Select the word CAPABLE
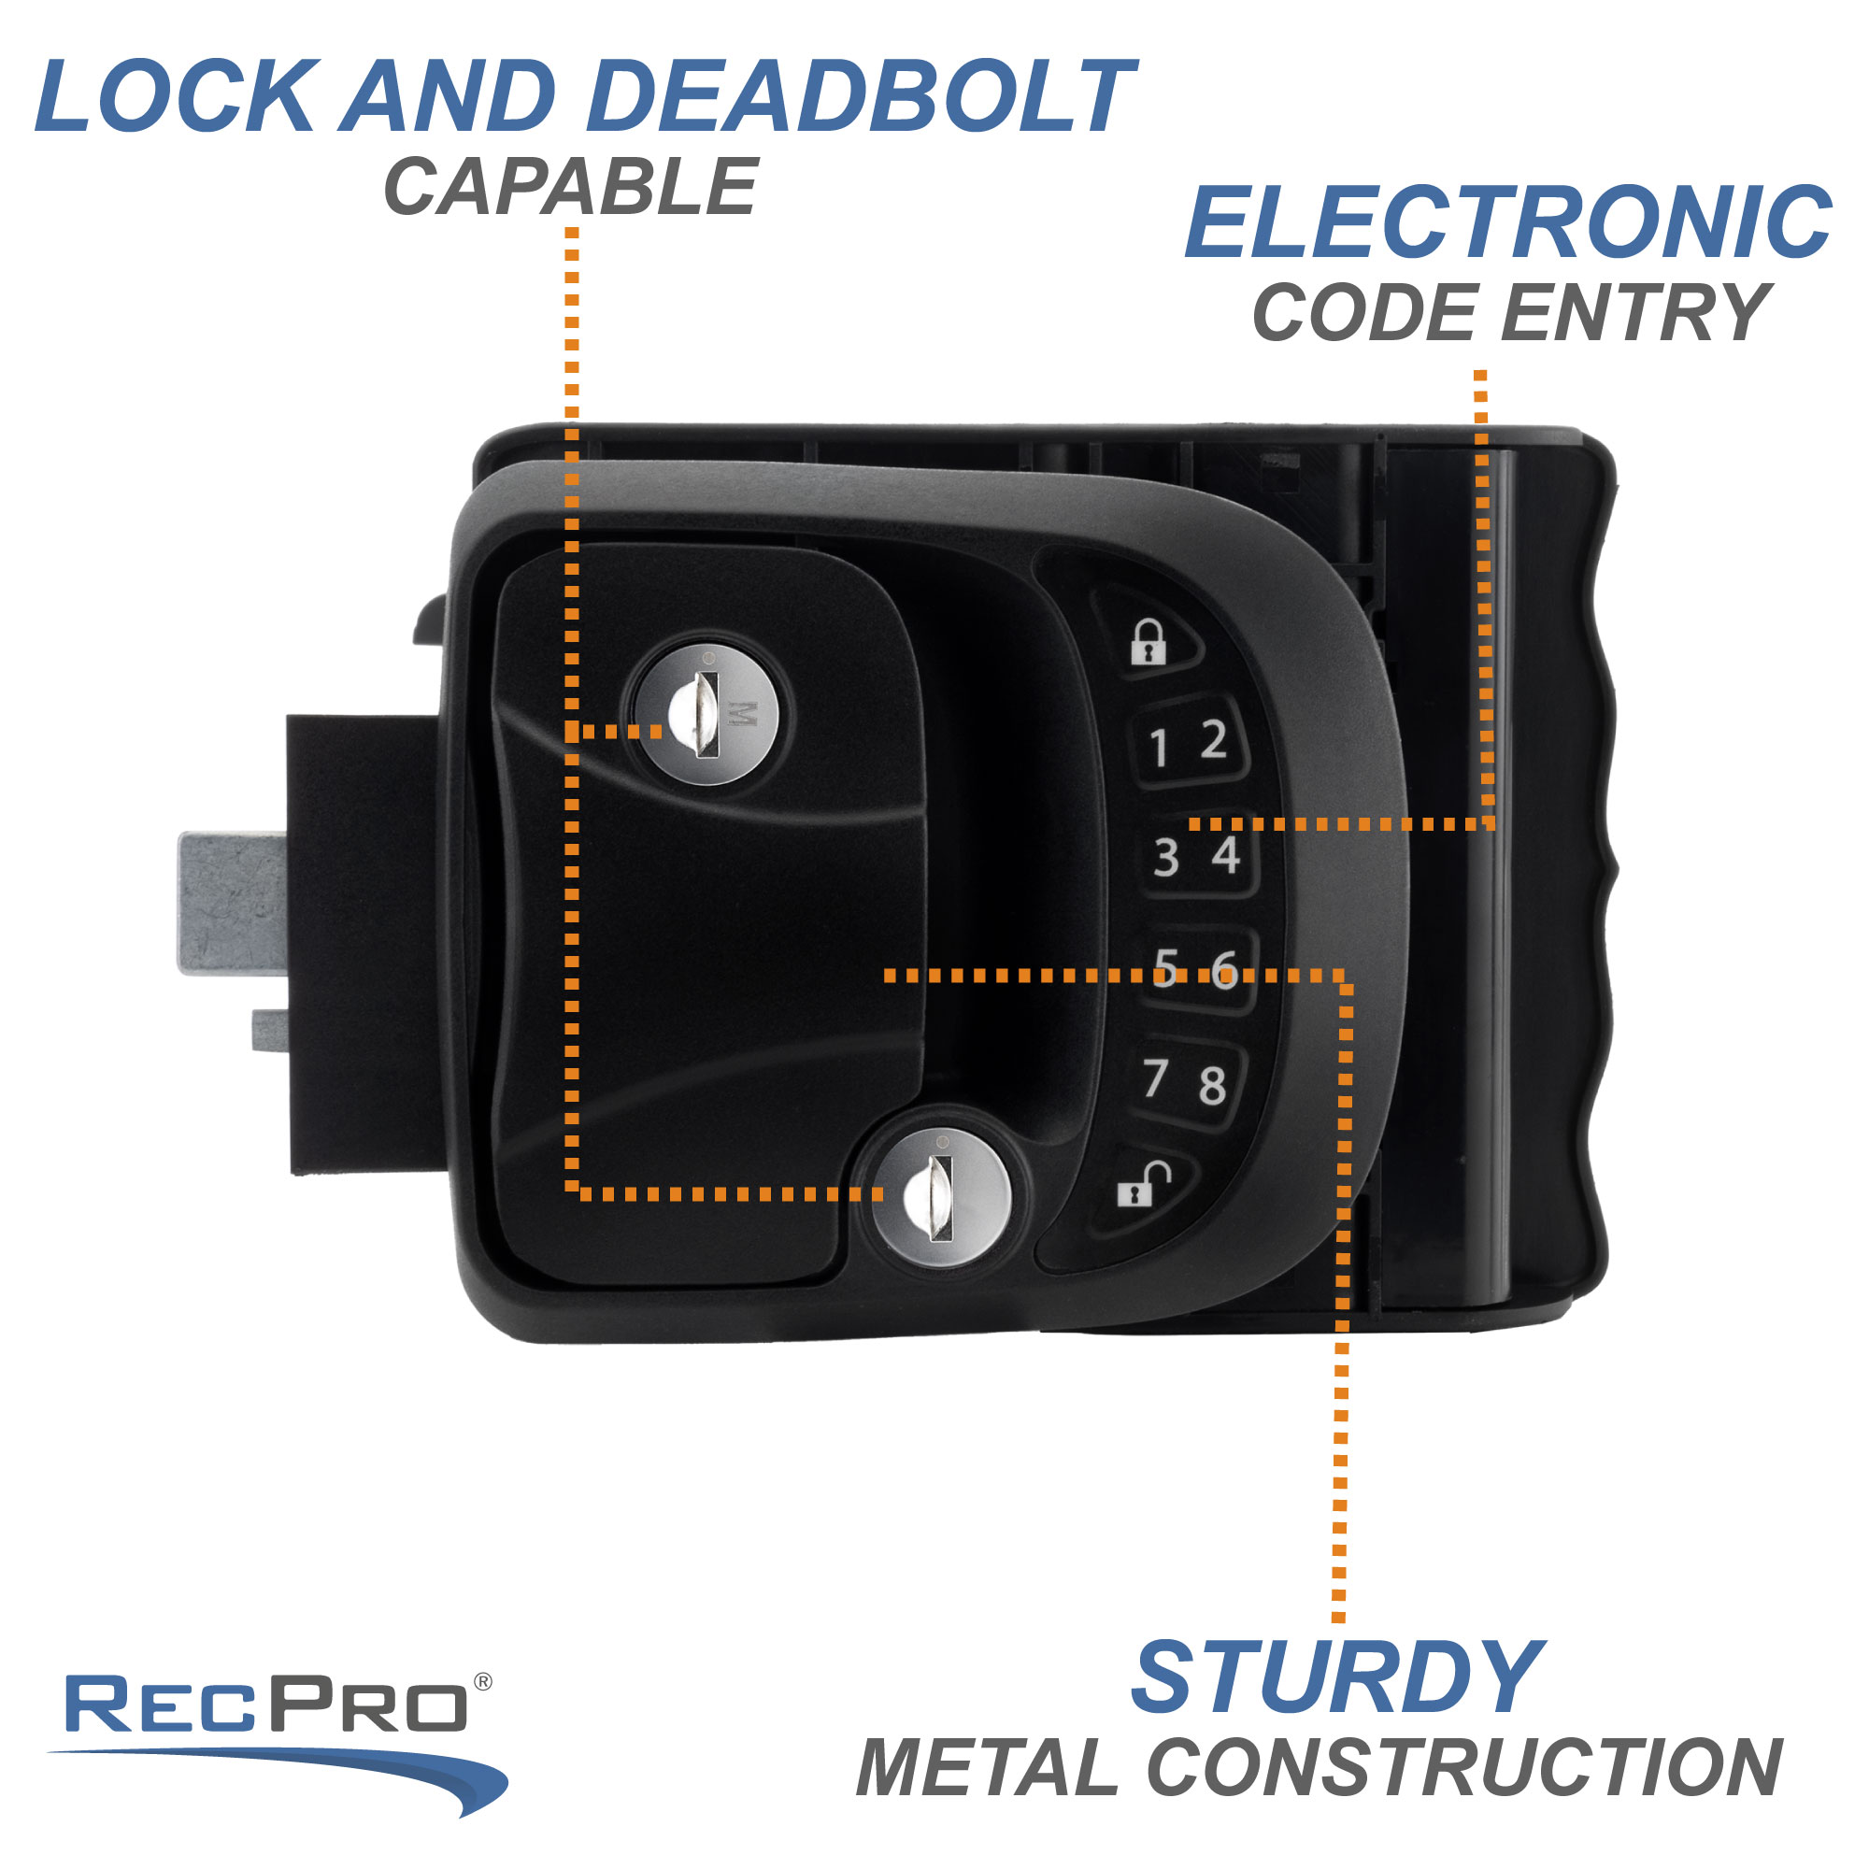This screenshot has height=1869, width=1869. click(571, 188)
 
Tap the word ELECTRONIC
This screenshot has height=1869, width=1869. click(1507, 223)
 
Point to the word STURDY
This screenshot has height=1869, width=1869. click(1336, 1677)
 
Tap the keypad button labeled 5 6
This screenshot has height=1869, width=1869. click(1196, 968)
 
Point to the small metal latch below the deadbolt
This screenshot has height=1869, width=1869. click(270, 1029)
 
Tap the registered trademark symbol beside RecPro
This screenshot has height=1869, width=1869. click(483, 1683)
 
